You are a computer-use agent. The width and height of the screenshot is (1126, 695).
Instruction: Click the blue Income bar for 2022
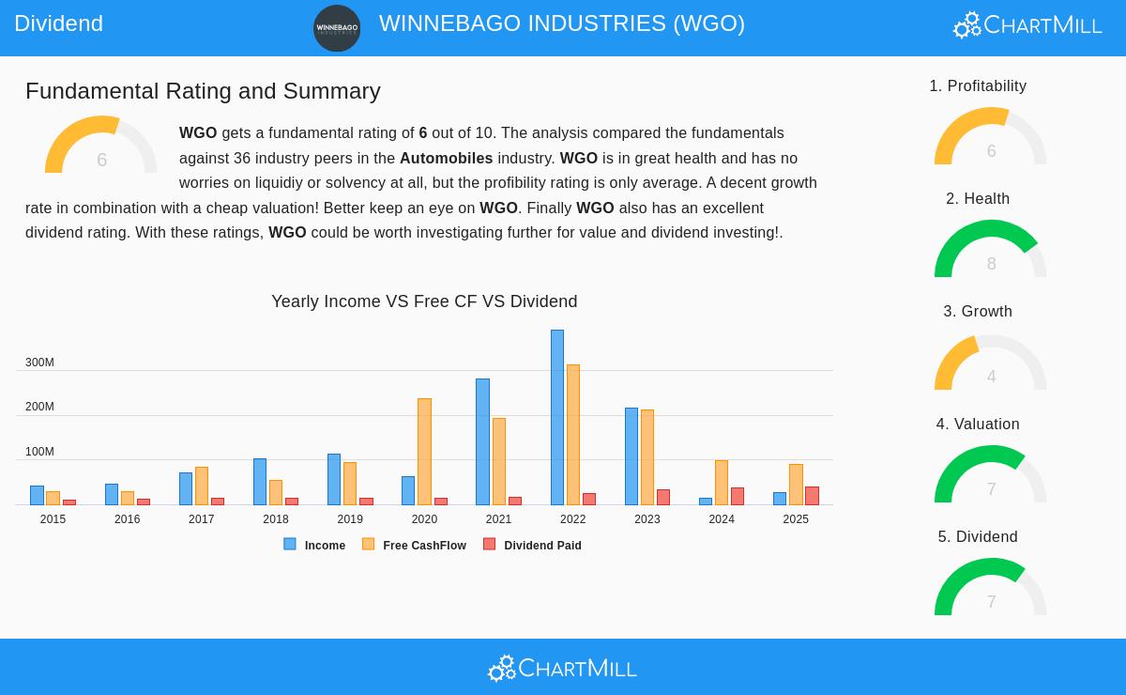[557, 417]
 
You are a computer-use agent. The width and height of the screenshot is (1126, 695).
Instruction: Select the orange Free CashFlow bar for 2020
[424, 452]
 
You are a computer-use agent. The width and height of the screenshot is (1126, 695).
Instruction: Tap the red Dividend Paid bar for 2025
[812, 496]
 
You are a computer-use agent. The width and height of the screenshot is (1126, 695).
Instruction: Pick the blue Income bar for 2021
[482, 441]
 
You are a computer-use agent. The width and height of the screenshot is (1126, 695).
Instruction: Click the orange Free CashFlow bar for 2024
[722, 483]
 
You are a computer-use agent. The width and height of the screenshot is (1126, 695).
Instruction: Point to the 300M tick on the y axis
[39, 363]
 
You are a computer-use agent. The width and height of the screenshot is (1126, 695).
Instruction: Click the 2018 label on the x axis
[276, 519]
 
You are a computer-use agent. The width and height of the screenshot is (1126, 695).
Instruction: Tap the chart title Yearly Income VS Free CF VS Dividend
[424, 301]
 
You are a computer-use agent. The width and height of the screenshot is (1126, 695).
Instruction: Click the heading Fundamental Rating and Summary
[203, 91]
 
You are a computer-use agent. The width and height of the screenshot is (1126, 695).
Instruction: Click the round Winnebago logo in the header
[337, 28]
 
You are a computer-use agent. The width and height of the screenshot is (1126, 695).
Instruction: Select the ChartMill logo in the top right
[1027, 24]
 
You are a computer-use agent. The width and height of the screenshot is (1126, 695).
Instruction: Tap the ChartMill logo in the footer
[562, 668]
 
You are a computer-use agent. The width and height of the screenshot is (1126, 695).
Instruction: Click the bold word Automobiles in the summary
[446, 158]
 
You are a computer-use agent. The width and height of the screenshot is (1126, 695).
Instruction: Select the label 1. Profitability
[978, 86]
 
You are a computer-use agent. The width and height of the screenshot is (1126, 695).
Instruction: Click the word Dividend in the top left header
[58, 23]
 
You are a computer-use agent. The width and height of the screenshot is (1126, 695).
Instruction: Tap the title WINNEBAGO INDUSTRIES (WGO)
[562, 23]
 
